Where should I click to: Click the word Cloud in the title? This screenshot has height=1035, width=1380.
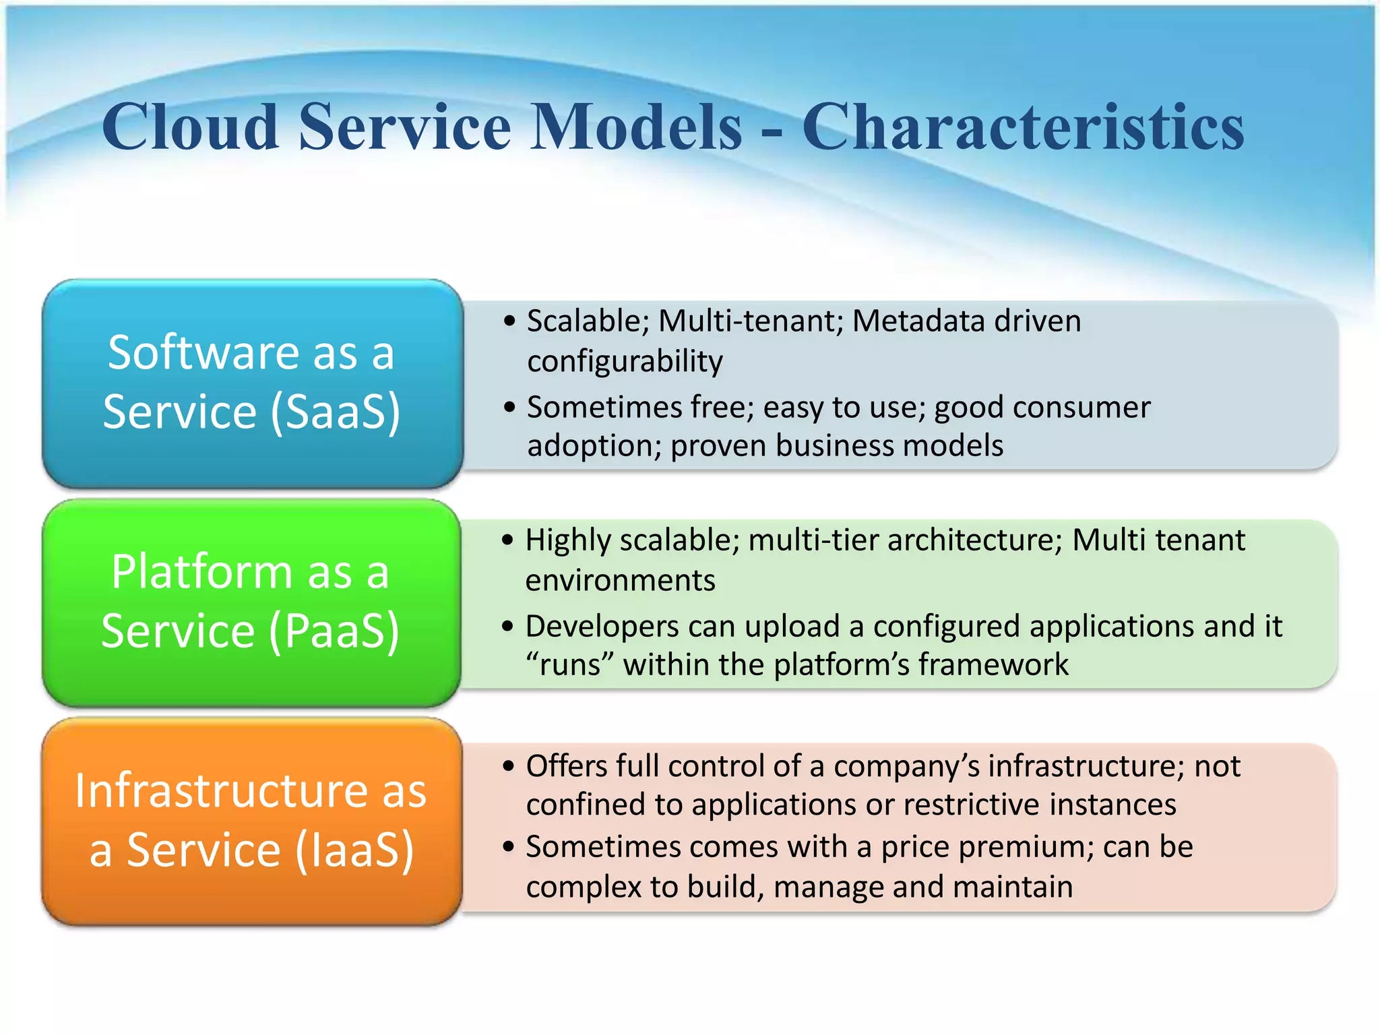(x=190, y=127)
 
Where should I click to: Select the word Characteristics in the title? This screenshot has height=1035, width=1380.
(x=1022, y=127)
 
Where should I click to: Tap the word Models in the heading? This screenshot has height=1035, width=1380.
(x=636, y=127)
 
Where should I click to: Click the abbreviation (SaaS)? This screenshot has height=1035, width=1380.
(x=336, y=411)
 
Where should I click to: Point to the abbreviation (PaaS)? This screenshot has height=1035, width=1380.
(x=334, y=631)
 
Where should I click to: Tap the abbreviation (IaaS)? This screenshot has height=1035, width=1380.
(x=354, y=850)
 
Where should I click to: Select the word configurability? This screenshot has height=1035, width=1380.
(x=625, y=362)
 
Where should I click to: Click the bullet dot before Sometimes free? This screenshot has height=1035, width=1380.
(x=509, y=407)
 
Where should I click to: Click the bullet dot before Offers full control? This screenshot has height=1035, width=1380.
(x=509, y=765)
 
